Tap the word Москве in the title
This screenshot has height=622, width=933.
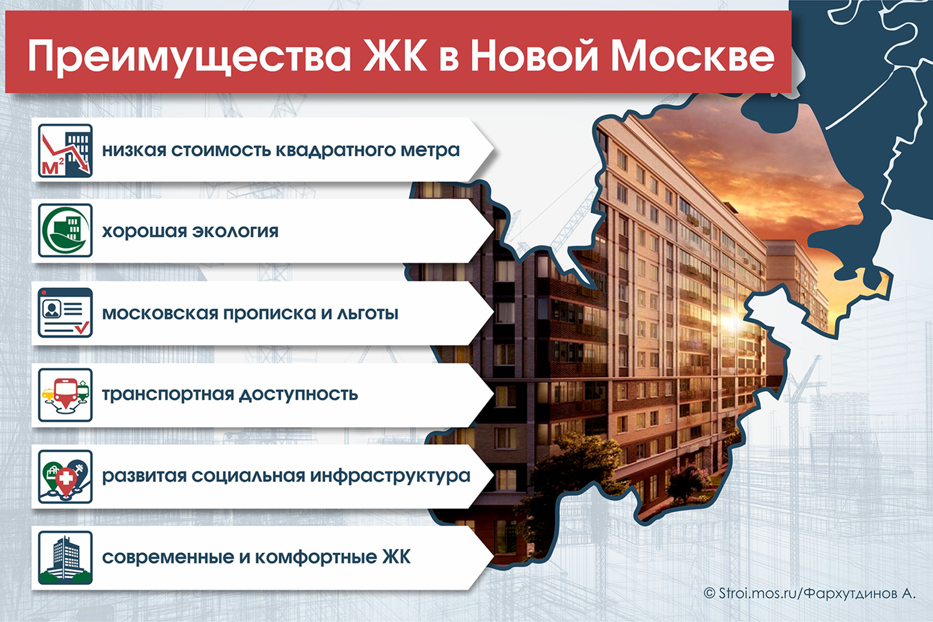693,55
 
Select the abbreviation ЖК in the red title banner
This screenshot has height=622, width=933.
395,55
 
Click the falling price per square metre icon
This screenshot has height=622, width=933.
65,151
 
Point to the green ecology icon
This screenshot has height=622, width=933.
65,230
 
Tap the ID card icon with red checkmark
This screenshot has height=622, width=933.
65,312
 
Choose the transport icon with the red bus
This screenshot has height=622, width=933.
65,395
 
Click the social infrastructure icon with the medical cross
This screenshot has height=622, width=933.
65,477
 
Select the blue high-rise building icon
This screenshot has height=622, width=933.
65,558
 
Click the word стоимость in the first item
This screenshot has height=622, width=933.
221,150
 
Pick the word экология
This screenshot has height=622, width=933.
235,231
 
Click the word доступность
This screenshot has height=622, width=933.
298,395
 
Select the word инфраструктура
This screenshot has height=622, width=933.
390,476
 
